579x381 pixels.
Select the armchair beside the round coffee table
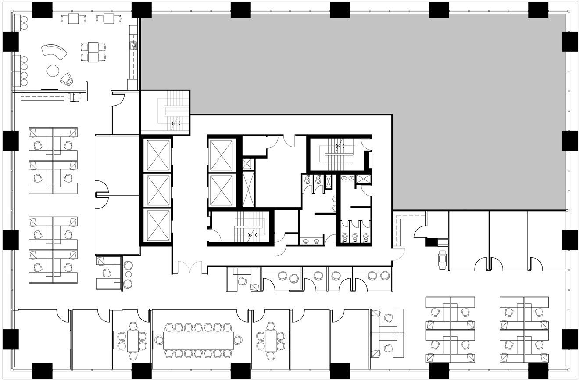[67, 79]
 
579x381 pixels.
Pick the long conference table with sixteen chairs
[199, 340]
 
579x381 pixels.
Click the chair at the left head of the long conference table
[158, 340]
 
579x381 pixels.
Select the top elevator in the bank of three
[158, 155]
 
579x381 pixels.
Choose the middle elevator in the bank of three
[158, 190]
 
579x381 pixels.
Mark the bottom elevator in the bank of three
[158, 225]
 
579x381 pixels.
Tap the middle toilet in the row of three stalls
[356, 237]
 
